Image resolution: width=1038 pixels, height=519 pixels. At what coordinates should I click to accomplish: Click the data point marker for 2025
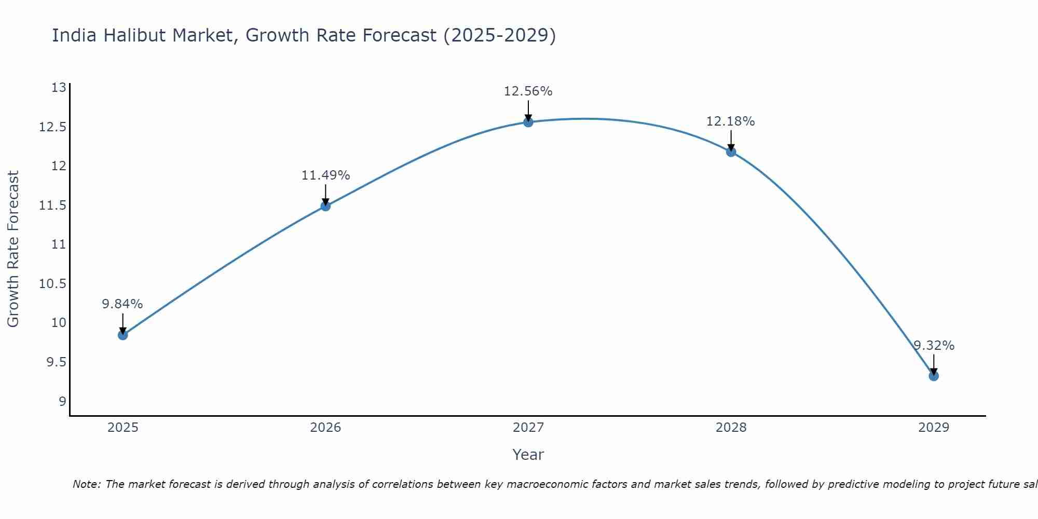click(122, 335)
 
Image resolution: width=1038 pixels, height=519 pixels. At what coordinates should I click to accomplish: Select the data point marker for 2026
click(325, 206)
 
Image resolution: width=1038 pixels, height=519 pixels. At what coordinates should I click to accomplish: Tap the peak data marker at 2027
click(528, 122)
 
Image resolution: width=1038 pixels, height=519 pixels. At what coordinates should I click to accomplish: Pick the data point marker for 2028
click(731, 152)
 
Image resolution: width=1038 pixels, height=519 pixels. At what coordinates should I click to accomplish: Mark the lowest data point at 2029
click(934, 376)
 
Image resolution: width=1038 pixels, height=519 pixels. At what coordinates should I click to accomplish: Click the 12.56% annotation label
click(528, 91)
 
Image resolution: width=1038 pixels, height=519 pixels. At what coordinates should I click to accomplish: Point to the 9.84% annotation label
click(122, 304)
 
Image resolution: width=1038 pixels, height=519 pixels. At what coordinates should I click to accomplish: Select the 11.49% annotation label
click(325, 175)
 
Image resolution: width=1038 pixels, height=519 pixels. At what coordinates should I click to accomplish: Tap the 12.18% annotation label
click(730, 121)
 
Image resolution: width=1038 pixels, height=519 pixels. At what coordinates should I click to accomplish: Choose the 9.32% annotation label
click(934, 346)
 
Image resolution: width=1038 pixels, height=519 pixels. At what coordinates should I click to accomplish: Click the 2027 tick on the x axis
click(528, 428)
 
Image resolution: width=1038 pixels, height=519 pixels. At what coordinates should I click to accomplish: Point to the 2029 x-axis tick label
click(934, 428)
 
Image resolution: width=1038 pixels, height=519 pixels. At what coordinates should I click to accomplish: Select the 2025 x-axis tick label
click(122, 428)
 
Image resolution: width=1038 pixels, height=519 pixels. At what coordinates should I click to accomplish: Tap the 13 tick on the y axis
click(59, 88)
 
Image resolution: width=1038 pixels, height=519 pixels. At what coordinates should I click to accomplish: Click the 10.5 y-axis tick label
click(53, 283)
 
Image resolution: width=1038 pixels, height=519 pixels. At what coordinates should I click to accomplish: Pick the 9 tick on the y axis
click(62, 401)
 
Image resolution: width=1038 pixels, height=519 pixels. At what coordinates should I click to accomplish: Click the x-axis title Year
click(528, 455)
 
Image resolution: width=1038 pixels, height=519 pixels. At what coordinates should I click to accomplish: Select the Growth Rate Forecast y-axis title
click(13, 249)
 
